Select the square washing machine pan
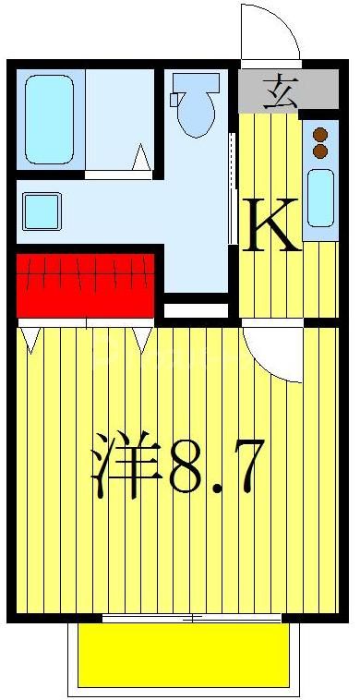click(x=42, y=211)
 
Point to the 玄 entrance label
click(x=279, y=92)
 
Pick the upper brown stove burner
click(x=320, y=133)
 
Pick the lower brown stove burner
click(x=320, y=150)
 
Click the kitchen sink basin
click(x=320, y=198)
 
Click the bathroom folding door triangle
click(x=140, y=160)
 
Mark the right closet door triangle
click(x=142, y=339)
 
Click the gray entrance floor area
click(x=274, y=91)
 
